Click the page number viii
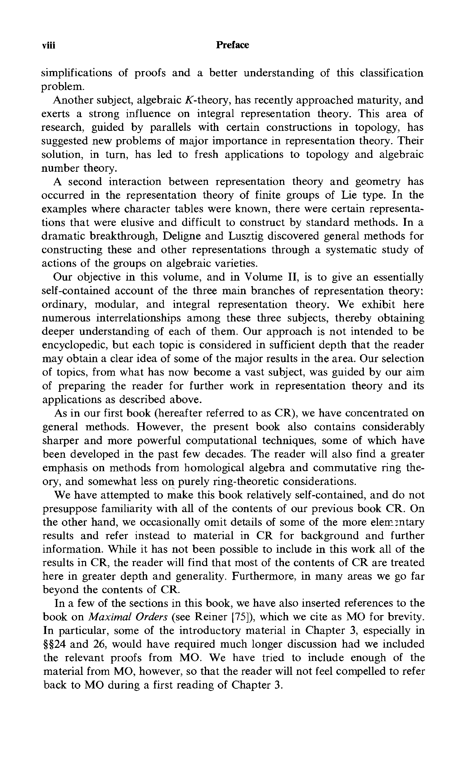tap(49, 46)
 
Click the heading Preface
tap(232, 45)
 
